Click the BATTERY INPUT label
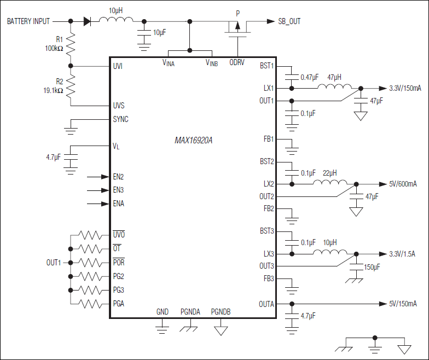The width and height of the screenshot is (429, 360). (x=28, y=21)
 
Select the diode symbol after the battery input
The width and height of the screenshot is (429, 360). (x=87, y=21)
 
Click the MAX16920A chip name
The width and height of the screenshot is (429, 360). (x=193, y=141)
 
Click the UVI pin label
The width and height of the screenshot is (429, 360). (x=118, y=67)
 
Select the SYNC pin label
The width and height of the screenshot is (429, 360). (x=120, y=119)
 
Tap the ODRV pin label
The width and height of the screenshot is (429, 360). (x=237, y=63)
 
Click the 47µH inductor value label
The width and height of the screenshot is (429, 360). (x=335, y=78)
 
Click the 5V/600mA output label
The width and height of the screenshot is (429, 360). (x=402, y=184)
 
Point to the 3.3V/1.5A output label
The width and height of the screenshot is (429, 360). (x=402, y=253)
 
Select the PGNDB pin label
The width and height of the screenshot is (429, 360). (x=221, y=312)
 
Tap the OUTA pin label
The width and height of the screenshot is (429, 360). (x=266, y=304)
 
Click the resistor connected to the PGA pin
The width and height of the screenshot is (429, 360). (x=91, y=304)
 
